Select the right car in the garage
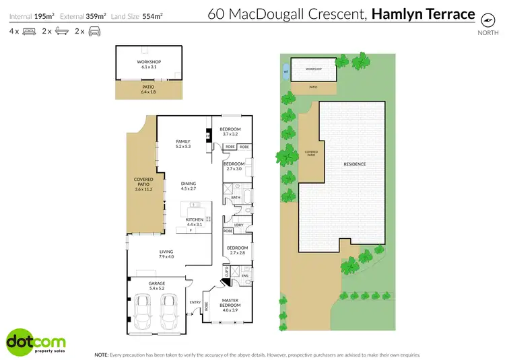click(170, 311)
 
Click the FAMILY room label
click(183, 141)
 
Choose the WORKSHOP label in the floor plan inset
click(149, 63)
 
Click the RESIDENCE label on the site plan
click(354, 164)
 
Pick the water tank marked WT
click(286, 71)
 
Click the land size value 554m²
click(152, 14)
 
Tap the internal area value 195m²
click(43, 14)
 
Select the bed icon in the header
click(29, 32)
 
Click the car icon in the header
click(94, 32)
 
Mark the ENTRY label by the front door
click(195, 302)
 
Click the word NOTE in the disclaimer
click(101, 354)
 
